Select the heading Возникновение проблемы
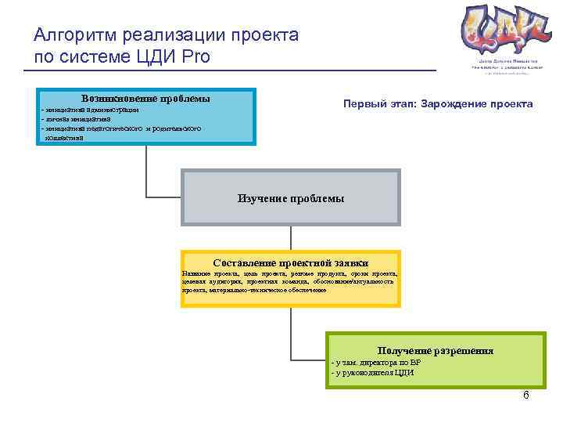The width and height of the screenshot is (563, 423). click(145, 99)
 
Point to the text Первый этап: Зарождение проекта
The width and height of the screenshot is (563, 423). click(438, 104)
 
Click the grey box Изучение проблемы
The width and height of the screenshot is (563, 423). click(290, 198)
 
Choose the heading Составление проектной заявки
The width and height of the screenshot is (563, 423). click(290, 263)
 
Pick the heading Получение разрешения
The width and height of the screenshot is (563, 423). click(435, 351)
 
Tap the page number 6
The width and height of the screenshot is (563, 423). click(525, 395)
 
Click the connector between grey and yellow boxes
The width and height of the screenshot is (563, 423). click(290, 238)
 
